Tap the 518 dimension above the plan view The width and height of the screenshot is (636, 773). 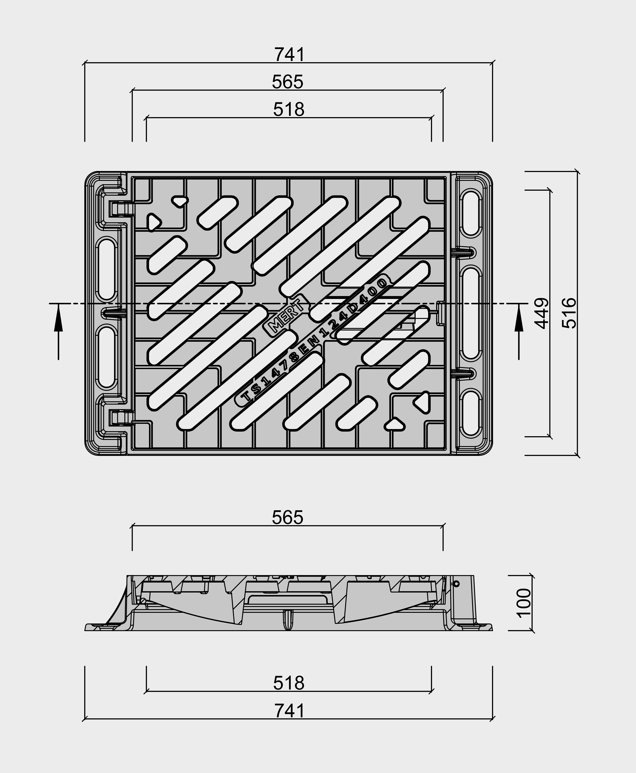coord(289,110)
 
